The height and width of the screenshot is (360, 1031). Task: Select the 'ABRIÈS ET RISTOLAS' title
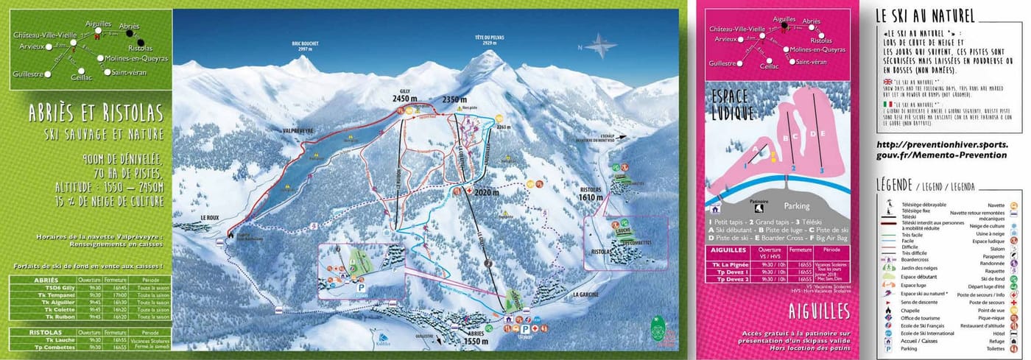click(x=96, y=112)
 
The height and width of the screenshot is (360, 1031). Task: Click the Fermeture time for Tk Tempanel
click(x=119, y=294)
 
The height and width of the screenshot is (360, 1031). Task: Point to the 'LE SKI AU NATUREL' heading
click(x=926, y=16)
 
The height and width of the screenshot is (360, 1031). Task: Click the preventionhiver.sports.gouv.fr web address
click(x=942, y=150)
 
